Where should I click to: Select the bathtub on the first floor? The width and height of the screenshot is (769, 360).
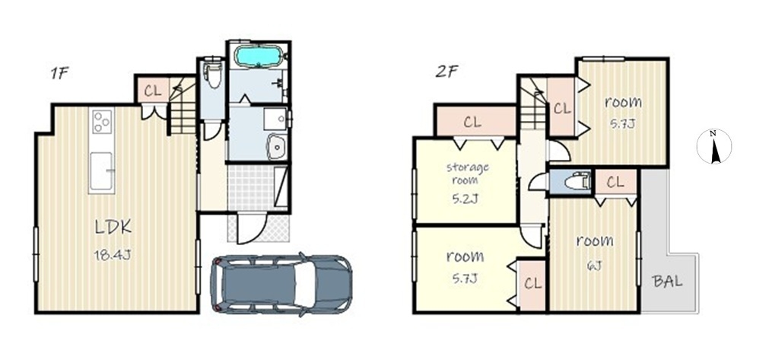coord(258,56)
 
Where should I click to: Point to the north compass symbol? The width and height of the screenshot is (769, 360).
coord(714,146)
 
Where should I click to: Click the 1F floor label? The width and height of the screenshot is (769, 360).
coord(59,74)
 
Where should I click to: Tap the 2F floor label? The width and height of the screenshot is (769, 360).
coord(446,72)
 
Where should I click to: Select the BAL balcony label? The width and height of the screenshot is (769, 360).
coord(667,282)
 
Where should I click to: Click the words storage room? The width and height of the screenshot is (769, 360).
coord(467,173)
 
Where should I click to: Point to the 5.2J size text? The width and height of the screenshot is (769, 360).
coord(467,199)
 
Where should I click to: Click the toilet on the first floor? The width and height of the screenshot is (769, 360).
coord(212,74)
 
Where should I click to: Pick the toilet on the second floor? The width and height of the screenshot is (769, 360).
coord(577,181)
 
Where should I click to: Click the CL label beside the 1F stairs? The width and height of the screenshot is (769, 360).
coord(153,92)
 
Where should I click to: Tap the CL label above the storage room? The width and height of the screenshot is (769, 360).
coord(472,122)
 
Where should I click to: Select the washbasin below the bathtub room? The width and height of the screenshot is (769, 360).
coord(278,145)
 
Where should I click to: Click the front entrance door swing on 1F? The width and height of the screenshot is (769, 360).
coord(251,228)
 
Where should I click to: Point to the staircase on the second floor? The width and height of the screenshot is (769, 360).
coord(532,107)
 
